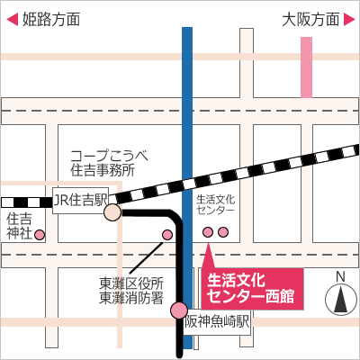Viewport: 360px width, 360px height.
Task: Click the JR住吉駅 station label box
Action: click(80, 201)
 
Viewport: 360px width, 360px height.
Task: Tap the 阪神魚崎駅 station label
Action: click(217, 322)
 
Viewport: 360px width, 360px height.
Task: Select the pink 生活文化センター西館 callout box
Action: click(252, 289)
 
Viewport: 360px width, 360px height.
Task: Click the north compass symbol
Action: click(340, 300)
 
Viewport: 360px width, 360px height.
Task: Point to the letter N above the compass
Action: click(340, 277)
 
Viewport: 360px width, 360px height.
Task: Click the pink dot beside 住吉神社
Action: click(40, 235)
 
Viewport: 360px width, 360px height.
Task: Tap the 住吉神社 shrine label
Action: click(19, 226)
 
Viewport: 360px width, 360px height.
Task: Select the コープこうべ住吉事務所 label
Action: click(109, 164)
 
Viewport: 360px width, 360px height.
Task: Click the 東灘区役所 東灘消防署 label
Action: click(131, 291)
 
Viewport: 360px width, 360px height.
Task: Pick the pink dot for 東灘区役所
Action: click(167, 235)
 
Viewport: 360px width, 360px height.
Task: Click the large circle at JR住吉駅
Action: click(112, 212)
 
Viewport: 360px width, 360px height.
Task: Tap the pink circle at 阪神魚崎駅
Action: click(179, 310)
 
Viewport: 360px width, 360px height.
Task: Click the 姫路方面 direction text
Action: click(51, 20)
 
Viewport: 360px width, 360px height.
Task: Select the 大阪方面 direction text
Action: click(310, 20)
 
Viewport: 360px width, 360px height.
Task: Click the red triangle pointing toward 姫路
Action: click(13, 20)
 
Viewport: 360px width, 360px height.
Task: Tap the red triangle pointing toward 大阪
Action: click(349, 20)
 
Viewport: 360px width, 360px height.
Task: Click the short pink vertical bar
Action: click(306, 67)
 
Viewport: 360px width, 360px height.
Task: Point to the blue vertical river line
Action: click(187, 188)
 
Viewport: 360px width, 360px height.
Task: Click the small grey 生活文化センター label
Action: click(215, 204)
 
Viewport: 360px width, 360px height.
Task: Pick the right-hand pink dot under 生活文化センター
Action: click(223, 232)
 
